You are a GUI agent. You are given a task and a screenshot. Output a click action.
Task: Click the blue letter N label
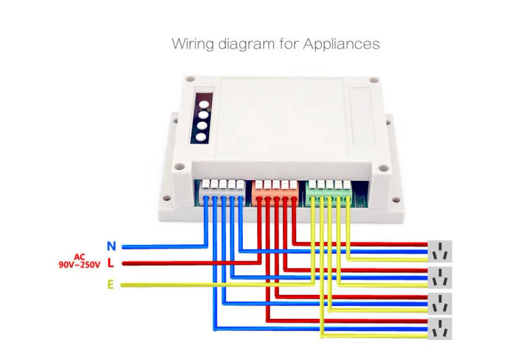point(111,245)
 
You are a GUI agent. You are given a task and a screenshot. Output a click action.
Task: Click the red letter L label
point(111,264)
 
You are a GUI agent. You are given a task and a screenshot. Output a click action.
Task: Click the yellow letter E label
point(110,285)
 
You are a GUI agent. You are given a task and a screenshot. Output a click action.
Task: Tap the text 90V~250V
point(79,265)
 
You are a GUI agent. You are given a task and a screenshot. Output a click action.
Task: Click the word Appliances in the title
point(341,44)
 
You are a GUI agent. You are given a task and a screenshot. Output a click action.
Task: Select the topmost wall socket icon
point(440,251)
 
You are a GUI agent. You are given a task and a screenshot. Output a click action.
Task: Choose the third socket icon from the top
point(440,304)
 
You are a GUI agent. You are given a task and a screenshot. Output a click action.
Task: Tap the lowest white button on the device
point(201,139)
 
